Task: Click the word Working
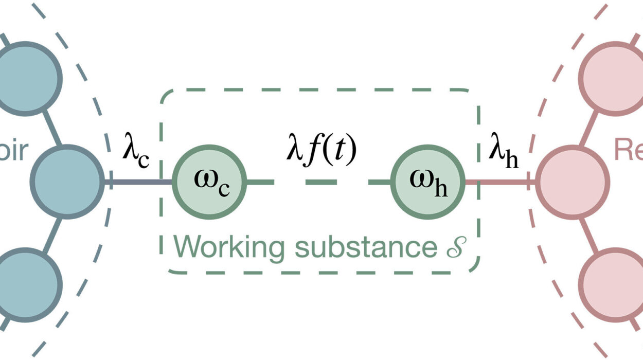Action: pyautogui.click(x=229, y=247)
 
